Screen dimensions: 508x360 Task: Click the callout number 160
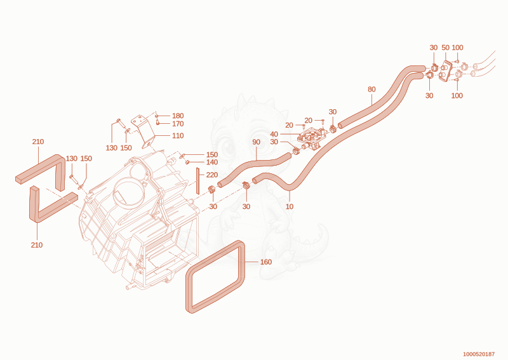tap(266, 262)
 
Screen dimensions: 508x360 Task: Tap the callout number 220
tap(212, 175)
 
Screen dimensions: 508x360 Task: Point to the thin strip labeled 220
tap(197, 181)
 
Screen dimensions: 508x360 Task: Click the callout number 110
tap(178, 136)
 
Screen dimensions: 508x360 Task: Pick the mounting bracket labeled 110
tap(144, 130)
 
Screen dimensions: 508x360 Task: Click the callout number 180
tap(178, 116)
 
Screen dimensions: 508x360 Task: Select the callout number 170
tap(178, 124)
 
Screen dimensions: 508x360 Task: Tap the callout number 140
tap(212, 162)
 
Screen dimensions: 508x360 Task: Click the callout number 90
tap(257, 142)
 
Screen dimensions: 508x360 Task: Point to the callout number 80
tap(371, 89)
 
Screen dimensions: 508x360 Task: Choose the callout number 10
tap(290, 206)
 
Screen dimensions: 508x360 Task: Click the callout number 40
tap(274, 134)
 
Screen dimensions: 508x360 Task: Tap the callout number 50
tap(446, 48)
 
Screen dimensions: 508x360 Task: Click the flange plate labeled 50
tap(448, 71)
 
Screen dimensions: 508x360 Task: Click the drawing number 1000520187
tap(479, 354)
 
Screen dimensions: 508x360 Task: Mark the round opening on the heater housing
tap(128, 192)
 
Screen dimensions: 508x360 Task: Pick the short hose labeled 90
tap(253, 168)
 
